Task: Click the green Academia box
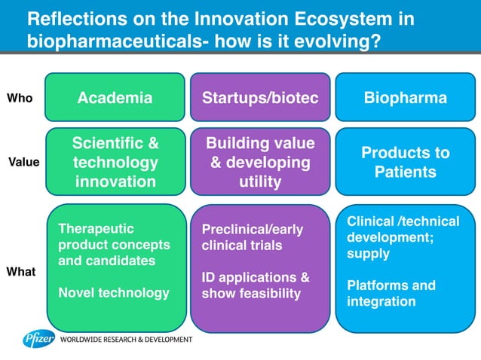tap(115, 98)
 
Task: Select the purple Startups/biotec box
tap(260, 98)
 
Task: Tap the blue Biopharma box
tap(405, 98)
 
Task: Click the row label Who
tap(20, 98)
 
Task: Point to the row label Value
tap(23, 162)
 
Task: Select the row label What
tap(21, 271)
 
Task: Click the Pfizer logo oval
tap(38, 340)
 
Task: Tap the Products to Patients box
tap(405, 162)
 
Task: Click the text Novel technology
tap(114, 293)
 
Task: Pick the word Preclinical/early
tap(252, 230)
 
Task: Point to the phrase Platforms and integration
tap(391, 294)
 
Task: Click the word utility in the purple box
tap(259, 182)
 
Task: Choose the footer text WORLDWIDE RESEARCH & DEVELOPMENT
tap(126, 340)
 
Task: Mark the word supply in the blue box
tap(368, 254)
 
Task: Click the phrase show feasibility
tap(251, 293)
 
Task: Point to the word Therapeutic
tap(96, 228)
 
